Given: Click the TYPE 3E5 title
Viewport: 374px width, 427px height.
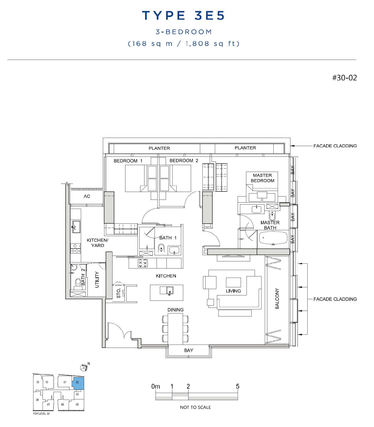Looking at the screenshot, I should coord(183,15).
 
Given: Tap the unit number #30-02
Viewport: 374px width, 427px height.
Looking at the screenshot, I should coord(344,78).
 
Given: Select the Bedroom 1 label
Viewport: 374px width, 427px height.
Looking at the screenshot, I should coord(128,161).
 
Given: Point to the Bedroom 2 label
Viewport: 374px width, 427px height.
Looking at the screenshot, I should coord(184,161).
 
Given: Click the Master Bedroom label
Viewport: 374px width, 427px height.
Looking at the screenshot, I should coord(262,178).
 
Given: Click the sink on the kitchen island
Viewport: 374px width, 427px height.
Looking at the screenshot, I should coord(170,291).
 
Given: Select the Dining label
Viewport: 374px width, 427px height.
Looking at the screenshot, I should coord(175,310).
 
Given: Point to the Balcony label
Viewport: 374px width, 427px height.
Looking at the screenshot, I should coord(277,298).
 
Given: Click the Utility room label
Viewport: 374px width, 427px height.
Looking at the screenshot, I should coord(97,279).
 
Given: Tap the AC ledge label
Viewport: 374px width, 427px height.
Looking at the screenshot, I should coord(87,196).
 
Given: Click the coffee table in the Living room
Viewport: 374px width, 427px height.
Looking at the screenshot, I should coord(233,282).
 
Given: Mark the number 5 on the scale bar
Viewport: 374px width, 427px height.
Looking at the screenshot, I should coord(237,386).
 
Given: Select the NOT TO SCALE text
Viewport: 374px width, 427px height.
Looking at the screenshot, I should coord(195,407).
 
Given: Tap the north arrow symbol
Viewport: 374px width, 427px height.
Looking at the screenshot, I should coord(84,367).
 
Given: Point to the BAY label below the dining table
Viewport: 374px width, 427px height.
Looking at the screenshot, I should coord(189,350).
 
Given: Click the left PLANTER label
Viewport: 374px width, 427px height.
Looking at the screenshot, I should coord(159,148).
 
